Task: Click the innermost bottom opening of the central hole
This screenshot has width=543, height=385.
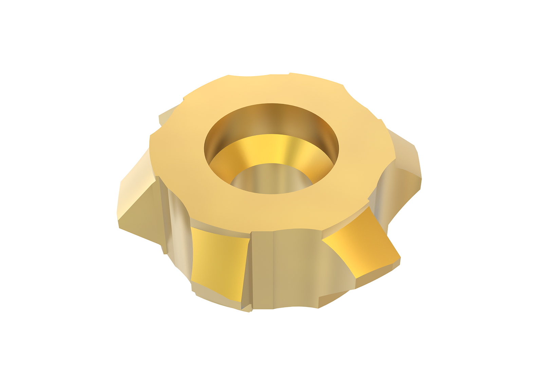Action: (x=271, y=180)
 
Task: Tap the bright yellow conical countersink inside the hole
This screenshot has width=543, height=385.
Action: (x=271, y=149)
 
